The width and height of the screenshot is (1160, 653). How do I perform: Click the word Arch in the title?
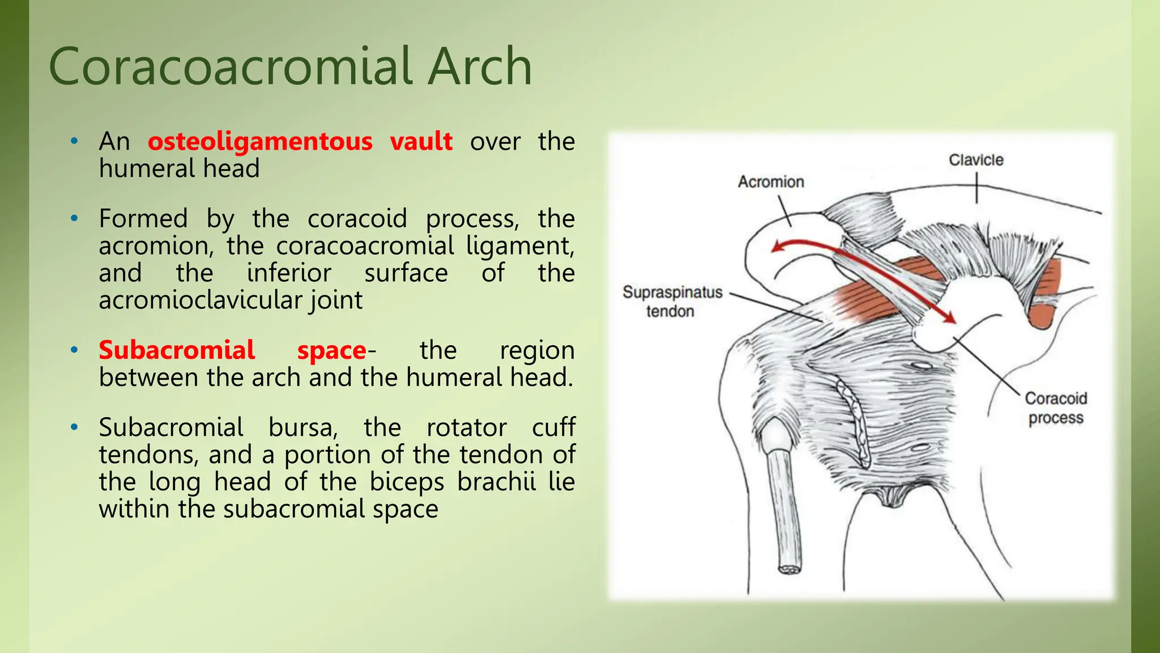pos(479,67)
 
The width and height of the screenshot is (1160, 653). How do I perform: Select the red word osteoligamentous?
pos(260,141)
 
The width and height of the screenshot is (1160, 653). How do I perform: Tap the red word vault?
pos(421,141)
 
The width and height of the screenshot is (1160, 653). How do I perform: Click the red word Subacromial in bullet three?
pos(177,350)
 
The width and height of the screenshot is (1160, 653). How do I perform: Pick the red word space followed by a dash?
pos(332,351)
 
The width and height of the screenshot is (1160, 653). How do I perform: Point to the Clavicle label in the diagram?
pos(976,160)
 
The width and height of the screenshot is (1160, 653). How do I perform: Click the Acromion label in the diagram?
pos(771,182)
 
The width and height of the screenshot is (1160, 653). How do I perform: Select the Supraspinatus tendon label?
pos(672,302)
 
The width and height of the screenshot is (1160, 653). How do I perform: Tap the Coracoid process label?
pos(1056,408)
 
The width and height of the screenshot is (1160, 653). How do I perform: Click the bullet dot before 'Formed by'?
pos(74,219)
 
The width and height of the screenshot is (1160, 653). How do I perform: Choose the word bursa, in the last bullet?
pos(303,427)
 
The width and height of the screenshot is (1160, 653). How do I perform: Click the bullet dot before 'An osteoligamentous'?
pos(74,142)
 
